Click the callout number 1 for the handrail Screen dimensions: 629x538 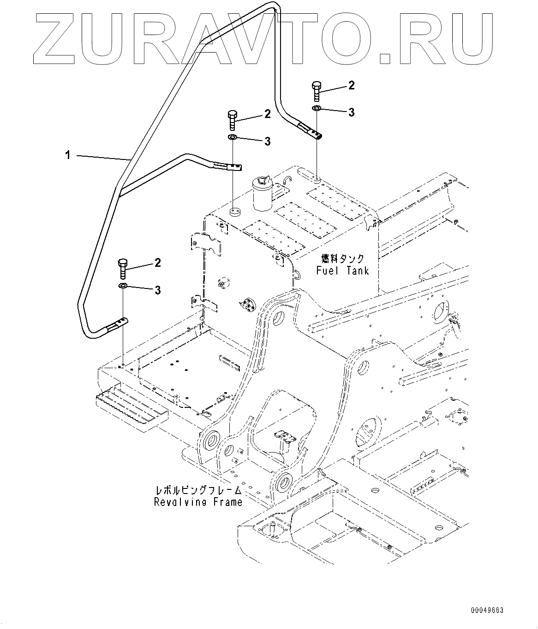point(67,156)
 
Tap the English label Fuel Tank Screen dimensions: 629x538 point(342,270)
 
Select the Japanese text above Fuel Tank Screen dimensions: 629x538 point(343,259)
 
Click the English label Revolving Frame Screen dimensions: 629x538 point(198,502)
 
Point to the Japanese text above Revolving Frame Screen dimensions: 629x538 point(198,490)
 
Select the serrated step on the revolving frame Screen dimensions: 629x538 point(132,407)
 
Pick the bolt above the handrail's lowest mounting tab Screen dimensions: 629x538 point(123,268)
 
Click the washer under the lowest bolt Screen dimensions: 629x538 point(123,287)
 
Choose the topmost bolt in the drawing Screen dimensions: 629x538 point(317,91)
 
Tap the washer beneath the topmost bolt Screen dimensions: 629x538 point(317,108)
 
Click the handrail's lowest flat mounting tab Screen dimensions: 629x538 point(118,325)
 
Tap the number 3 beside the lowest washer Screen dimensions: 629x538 point(158,290)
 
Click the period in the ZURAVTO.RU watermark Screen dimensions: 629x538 point(385,57)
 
